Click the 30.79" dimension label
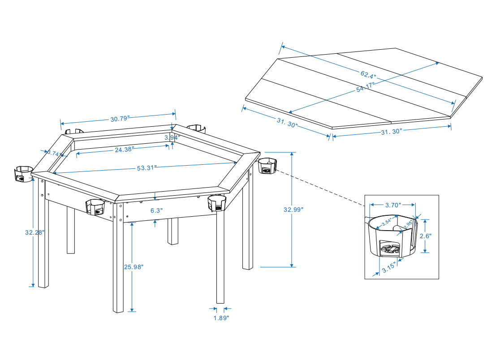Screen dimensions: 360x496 click(x=120, y=119)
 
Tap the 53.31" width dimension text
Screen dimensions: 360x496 click(x=146, y=168)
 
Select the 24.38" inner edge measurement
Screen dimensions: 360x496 click(x=124, y=150)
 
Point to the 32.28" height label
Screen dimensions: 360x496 click(x=35, y=232)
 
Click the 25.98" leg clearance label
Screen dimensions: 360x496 click(x=133, y=266)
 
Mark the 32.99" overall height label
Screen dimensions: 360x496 click(x=293, y=209)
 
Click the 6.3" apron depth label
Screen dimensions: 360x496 click(x=156, y=210)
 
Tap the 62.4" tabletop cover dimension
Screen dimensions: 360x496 click(x=368, y=73)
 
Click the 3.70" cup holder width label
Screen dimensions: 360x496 click(x=393, y=206)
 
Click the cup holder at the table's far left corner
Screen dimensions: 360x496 click(x=22, y=174)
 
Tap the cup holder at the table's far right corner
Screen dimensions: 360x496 click(x=267, y=166)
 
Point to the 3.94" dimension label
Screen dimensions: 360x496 click(x=172, y=137)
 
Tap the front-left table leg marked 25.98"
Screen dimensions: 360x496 click(x=118, y=260)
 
